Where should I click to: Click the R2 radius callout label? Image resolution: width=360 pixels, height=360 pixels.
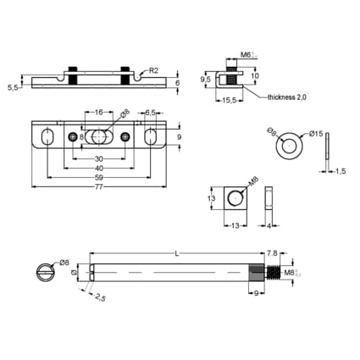click(153, 70)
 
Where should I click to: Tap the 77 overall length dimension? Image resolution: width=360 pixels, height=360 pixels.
click(98, 187)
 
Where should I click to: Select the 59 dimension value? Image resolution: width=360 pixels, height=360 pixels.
click(98, 178)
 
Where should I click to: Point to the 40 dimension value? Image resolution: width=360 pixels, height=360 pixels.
click(99, 169)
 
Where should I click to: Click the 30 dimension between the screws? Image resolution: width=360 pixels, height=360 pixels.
click(99, 158)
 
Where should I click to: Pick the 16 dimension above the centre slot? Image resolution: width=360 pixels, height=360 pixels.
click(98, 113)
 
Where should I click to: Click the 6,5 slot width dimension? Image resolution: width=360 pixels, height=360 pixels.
click(150, 113)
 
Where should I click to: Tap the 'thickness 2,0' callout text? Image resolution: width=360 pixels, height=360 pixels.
click(287, 97)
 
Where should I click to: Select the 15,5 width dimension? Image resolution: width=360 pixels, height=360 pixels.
click(230, 101)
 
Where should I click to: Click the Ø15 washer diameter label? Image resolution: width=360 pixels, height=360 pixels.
click(316, 134)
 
